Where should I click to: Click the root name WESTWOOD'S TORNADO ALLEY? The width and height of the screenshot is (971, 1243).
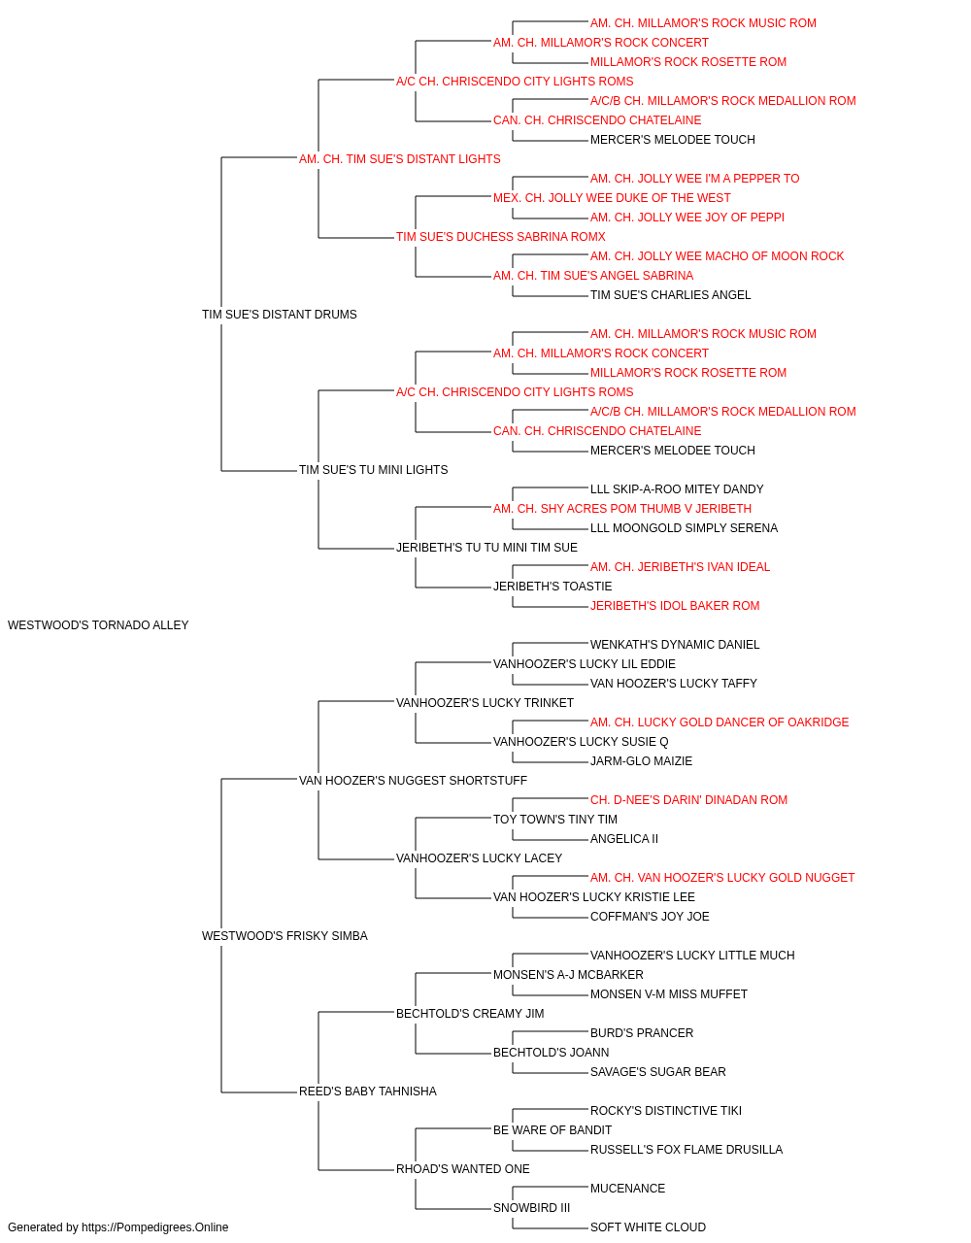(98, 625)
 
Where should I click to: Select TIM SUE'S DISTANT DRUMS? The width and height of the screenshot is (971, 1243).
(279, 315)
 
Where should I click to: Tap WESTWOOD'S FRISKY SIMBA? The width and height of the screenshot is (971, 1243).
(285, 936)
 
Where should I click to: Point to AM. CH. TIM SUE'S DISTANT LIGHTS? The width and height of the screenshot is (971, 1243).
(400, 159)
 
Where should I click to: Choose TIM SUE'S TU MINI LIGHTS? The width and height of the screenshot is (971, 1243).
(374, 470)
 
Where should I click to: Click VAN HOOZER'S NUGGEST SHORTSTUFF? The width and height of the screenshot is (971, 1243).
(413, 780)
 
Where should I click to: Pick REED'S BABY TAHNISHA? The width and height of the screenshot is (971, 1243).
(368, 1092)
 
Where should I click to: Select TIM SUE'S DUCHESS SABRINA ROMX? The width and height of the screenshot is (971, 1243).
(501, 237)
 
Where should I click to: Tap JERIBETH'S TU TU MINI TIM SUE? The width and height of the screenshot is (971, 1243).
(486, 548)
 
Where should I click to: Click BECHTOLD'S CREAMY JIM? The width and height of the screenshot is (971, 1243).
(470, 1014)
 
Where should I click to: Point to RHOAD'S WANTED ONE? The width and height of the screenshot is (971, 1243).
(462, 1169)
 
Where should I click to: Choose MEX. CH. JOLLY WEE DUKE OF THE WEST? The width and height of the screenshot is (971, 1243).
(612, 198)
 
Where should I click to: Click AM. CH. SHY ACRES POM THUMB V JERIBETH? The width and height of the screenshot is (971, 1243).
(622, 509)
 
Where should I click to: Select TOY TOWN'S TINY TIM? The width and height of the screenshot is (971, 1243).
(555, 820)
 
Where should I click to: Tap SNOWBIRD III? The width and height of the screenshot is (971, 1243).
(532, 1208)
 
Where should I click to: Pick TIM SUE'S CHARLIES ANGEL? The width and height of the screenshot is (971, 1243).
(670, 295)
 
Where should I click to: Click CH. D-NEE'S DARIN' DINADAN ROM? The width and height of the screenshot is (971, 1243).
(688, 799)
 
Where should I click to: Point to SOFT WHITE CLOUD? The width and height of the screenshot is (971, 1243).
(648, 1227)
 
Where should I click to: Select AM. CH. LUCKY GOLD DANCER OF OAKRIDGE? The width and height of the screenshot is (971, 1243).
(720, 722)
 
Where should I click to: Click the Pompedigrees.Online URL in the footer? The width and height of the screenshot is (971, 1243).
(154, 1227)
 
